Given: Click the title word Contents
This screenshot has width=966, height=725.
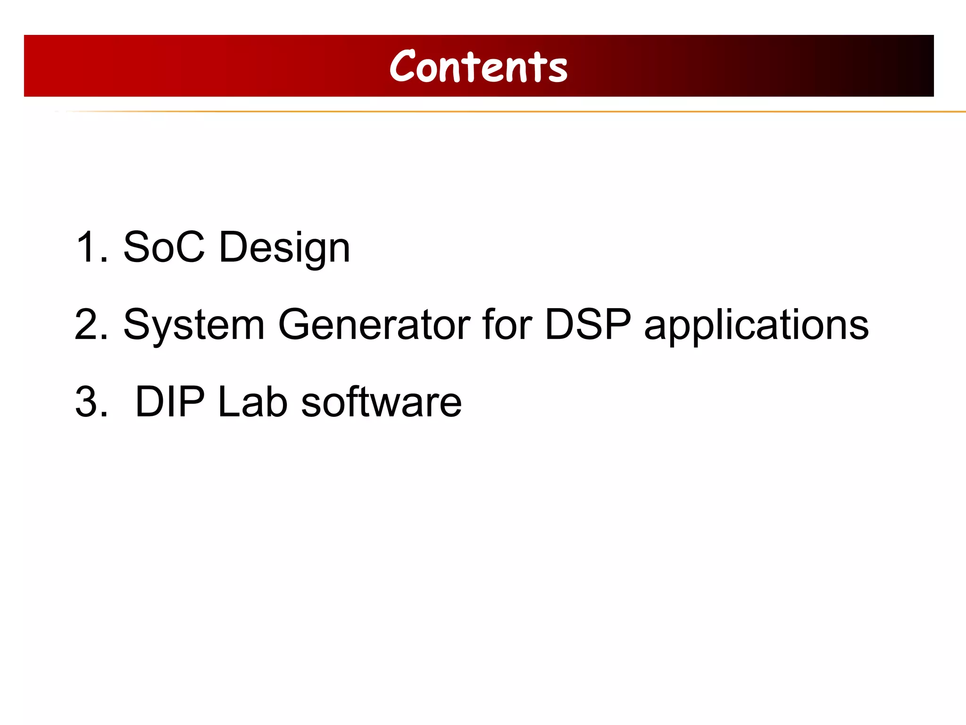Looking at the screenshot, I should click(478, 67).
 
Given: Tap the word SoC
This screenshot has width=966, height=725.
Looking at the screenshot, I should click(164, 247).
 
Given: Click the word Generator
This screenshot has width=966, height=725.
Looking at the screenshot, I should click(374, 324).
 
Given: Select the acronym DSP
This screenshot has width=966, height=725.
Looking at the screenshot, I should click(587, 324).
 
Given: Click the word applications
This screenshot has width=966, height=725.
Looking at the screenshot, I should click(756, 326).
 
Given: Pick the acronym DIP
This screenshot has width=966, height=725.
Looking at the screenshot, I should click(170, 402).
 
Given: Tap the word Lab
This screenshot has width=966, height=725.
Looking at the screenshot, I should click(252, 402).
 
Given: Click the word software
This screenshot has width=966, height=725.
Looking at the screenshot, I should click(381, 402).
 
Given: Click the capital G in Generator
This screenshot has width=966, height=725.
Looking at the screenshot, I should click(296, 324).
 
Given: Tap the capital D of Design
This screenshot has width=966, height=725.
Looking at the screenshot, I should click(234, 247).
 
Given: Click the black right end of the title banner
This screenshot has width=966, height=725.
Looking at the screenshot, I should click(922, 66).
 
